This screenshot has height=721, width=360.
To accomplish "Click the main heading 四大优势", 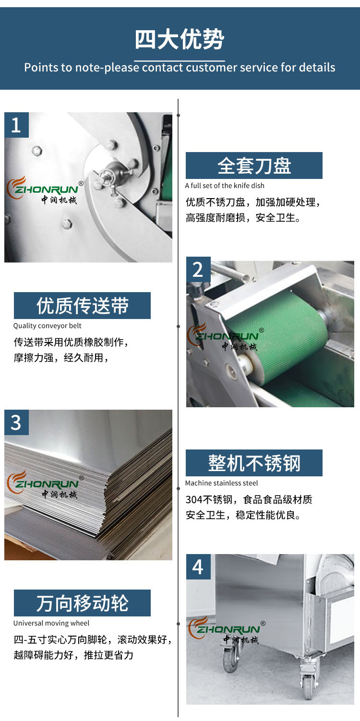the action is pyautogui.click(x=180, y=39).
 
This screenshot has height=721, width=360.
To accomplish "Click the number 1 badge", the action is pyautogui.click(x=16, y=125).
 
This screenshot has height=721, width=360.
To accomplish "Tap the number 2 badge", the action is pyautogui.click(x=198, y=270).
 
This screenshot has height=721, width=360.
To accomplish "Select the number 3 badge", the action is pyautogui.click(x=16, y=422).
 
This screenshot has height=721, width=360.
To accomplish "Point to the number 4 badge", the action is pyautogui.click(x=198, y=567).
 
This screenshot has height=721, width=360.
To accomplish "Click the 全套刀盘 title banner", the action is pyautogui.click(x=254, y=165).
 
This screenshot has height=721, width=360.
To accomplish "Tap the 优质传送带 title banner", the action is pyautogui.click(x=82, y=306).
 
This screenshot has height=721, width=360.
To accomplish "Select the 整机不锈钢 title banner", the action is pyautogui.click(x=254, y=463).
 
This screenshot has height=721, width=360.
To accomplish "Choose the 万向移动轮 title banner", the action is pyautogui.click(x=82, y=603).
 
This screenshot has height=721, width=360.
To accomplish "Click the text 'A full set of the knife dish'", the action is pyautogui.click(x=225, y=186).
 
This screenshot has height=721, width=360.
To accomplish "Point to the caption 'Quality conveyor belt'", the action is pyautogui.click(x=48, y=326).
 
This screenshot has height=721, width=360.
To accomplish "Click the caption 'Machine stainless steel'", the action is pyautogui.click(x=222, y=483).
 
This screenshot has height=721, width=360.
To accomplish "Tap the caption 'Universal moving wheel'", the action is pyautogui.click(x=51, y=623).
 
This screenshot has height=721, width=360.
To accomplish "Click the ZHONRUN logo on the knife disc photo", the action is pyautogui.click(x=45, y=190).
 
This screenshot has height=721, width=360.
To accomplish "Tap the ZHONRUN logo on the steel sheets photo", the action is pyautogui.click(x=45, y=485).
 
